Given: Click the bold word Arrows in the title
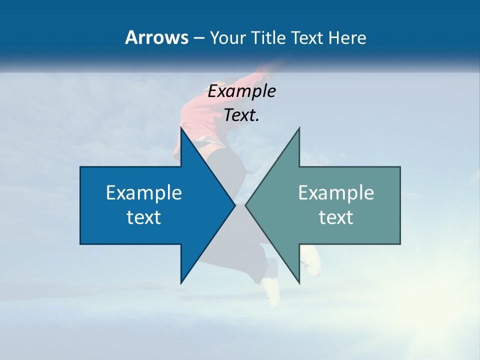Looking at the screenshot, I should coord(156,37).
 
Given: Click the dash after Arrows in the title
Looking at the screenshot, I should coord(198,38).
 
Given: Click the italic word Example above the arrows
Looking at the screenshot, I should coord(242,91).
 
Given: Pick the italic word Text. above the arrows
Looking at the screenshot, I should coord(242,115).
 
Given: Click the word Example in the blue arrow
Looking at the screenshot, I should coord(144,193).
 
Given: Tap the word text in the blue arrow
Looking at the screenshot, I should coord(144,217).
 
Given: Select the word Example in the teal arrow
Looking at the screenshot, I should coord(336,193).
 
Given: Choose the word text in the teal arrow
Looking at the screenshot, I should coord(336,217).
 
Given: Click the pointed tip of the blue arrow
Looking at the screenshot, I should coord(234,205).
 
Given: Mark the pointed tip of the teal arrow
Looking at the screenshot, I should coord(246,205).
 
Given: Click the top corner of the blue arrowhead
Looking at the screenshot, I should coord(181,128).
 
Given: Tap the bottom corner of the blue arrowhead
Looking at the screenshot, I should coord(181,283).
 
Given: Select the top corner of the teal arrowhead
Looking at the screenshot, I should coord(299,128).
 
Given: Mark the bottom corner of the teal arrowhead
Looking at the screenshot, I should coord(299,283).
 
